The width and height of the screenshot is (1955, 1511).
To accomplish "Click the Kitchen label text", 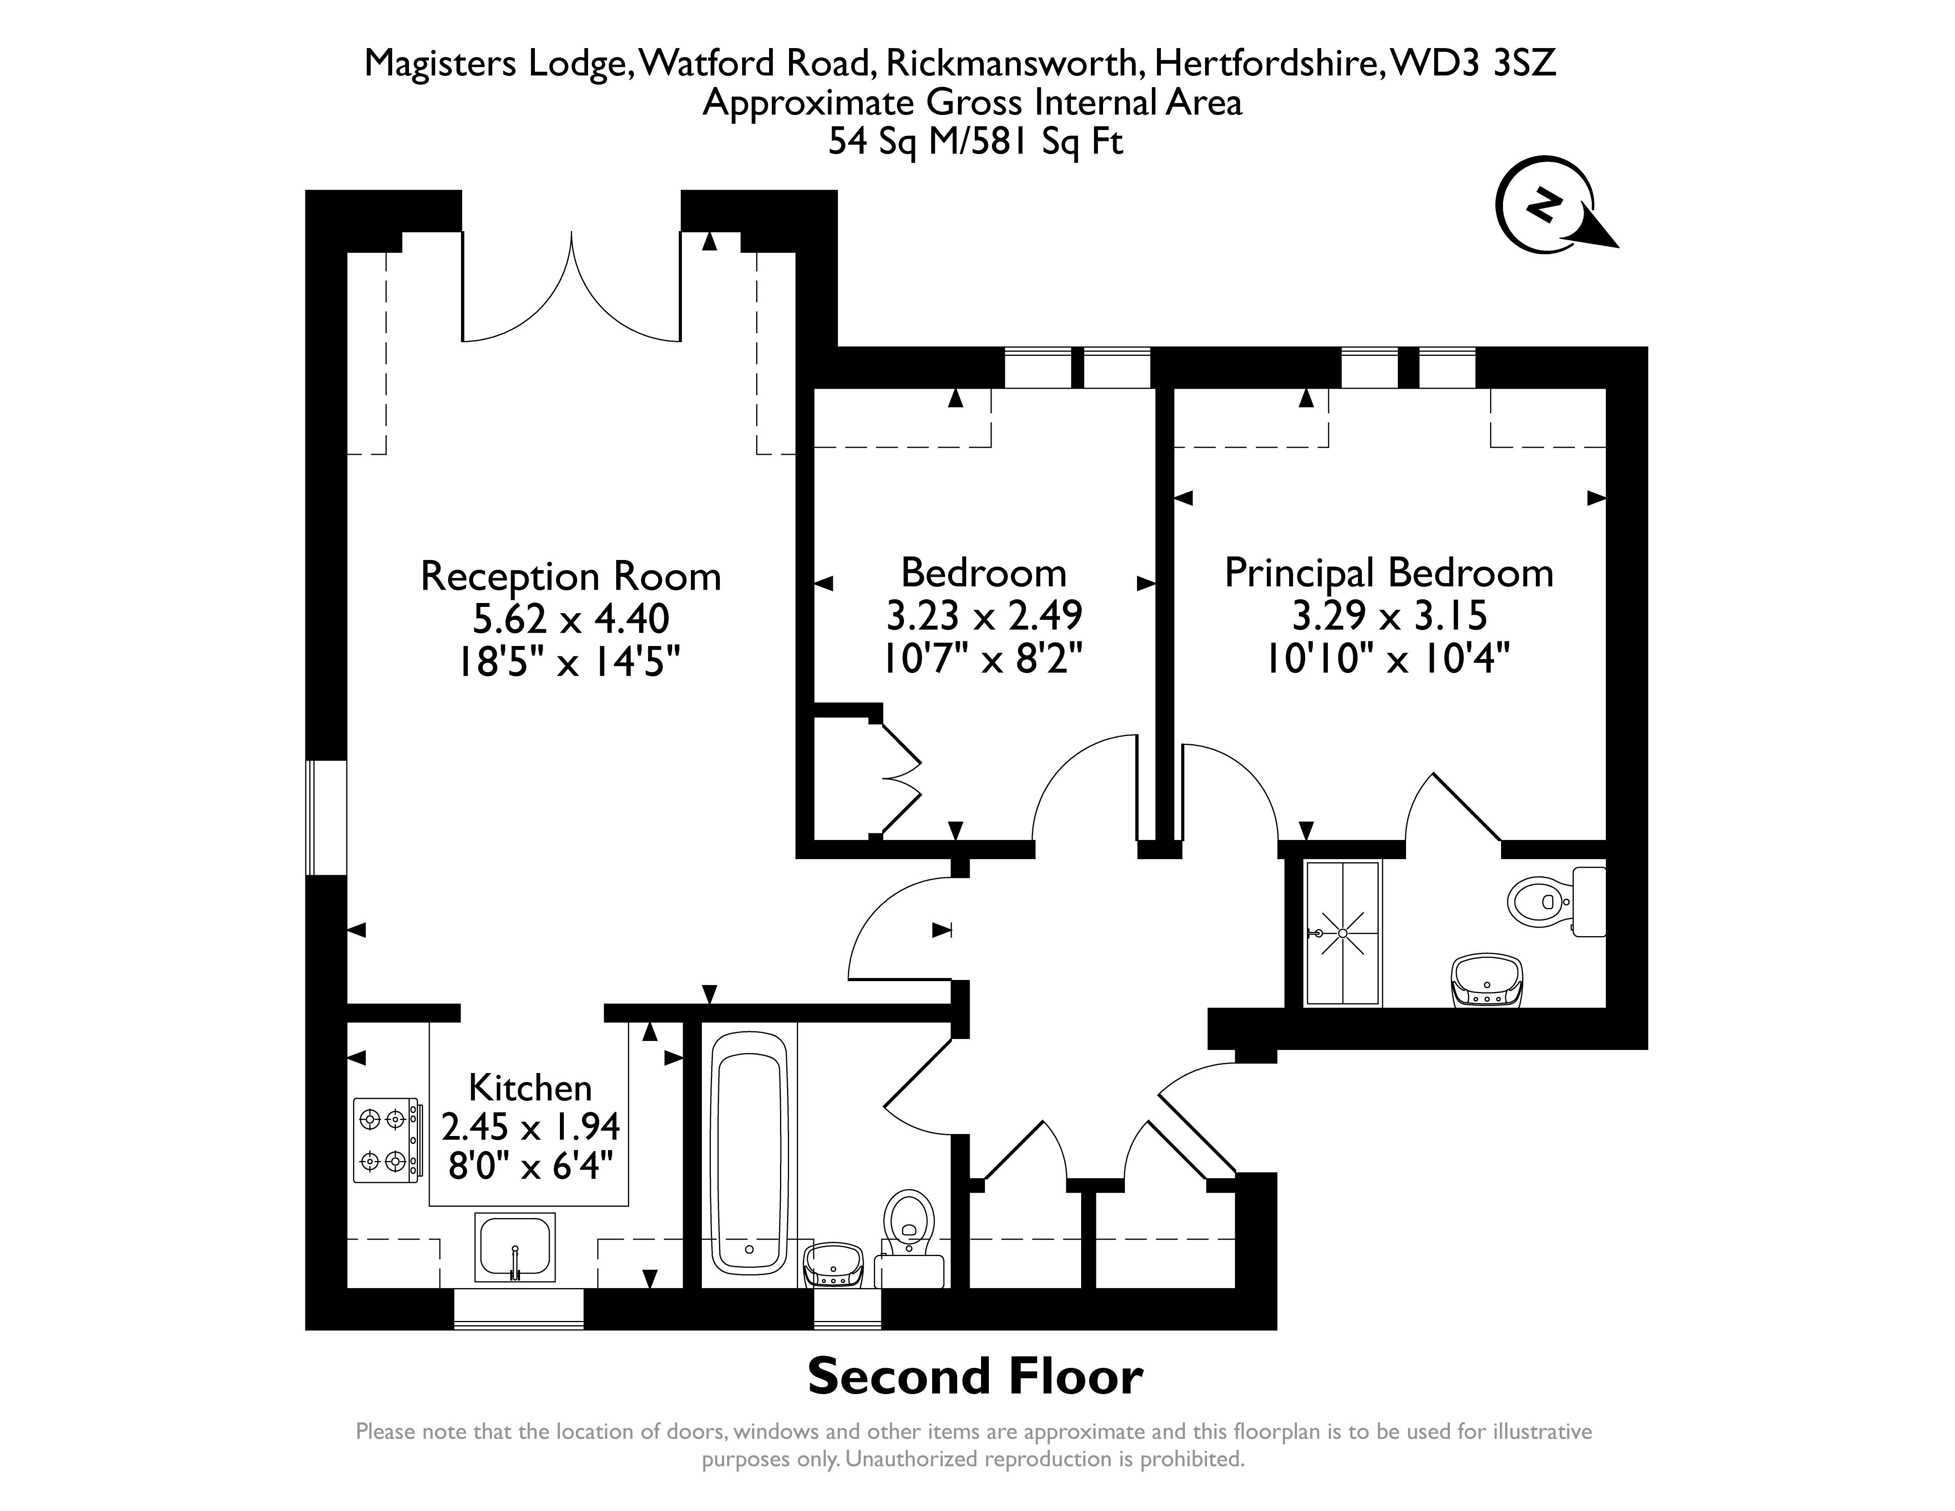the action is click(530, 1087).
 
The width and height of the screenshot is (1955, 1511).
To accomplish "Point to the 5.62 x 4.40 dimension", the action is click(571, 619).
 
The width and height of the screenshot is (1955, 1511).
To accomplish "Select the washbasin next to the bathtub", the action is click(834, 1264).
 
